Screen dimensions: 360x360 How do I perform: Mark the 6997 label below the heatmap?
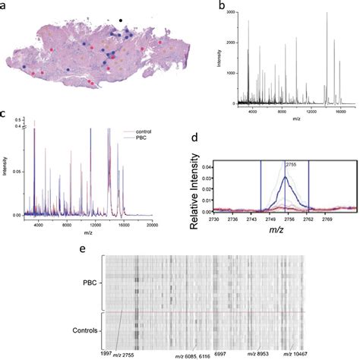219,353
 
